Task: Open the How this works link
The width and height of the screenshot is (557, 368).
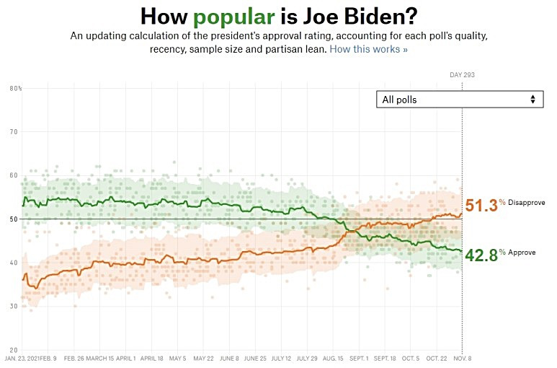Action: [369, 49]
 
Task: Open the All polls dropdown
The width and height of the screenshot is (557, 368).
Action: [459, 100]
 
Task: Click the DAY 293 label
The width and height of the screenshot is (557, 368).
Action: [462, 75]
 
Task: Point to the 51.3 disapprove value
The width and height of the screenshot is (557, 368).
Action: [481, 206]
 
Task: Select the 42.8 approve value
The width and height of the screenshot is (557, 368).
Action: [481, 254]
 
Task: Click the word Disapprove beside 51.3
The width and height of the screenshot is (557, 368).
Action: [527, 203]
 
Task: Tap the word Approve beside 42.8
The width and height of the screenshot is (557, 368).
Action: [522, 252]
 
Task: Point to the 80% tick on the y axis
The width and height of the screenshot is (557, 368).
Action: [15, 89]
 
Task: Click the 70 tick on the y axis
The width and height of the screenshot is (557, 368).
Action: [14, 132]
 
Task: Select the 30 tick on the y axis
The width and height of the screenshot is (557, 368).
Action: [14, 307]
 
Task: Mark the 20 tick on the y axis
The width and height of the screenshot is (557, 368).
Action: [14, 350]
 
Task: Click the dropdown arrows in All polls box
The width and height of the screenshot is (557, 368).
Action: [533, 100]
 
